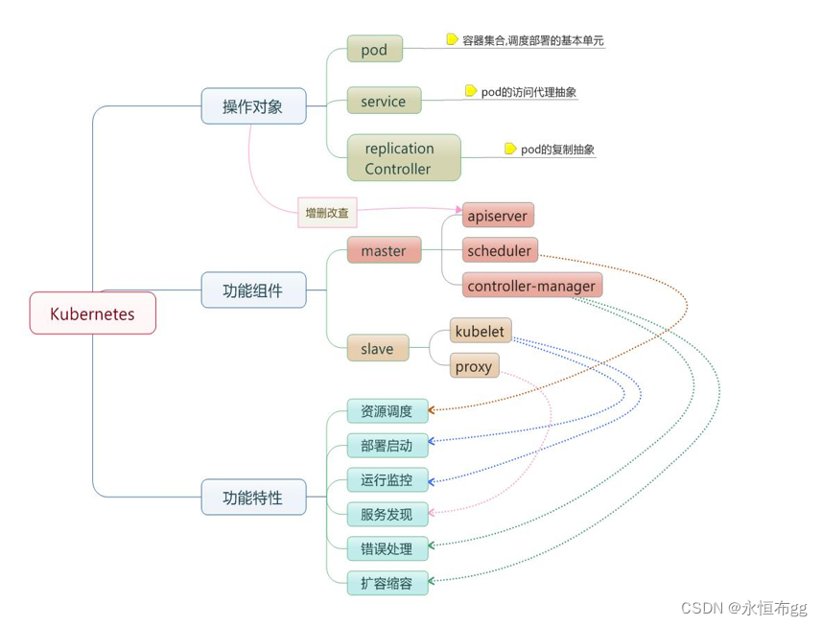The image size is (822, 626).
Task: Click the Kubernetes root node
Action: tap(92, 313)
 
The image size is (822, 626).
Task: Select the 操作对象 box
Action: tap(253, 106)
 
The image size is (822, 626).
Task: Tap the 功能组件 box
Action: tap(253, 290)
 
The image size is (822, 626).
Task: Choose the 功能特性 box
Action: tap(253, 498)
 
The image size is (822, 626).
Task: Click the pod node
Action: tap(374, 50)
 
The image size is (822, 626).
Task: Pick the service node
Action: tap(383, 102)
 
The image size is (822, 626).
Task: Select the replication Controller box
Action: tap(403, 158)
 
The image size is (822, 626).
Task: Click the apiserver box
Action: tap(497, 216)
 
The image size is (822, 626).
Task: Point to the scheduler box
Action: tap(499, 251)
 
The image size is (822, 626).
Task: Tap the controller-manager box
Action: tap(530, 286)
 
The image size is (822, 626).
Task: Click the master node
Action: tap(384, 251)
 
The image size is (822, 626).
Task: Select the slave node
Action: tap(377, 349)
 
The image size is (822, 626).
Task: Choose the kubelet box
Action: tap(481, 332)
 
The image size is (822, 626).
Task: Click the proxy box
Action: tap(474, 366)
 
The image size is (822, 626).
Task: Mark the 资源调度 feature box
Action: tap(387, 411)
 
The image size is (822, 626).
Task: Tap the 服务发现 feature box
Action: tap(387, 515)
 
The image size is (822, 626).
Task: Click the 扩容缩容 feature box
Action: tap(387, 583)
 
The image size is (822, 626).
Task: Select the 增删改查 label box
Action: tap(327, 214)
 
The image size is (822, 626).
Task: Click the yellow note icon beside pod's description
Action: tap(452, 39)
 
